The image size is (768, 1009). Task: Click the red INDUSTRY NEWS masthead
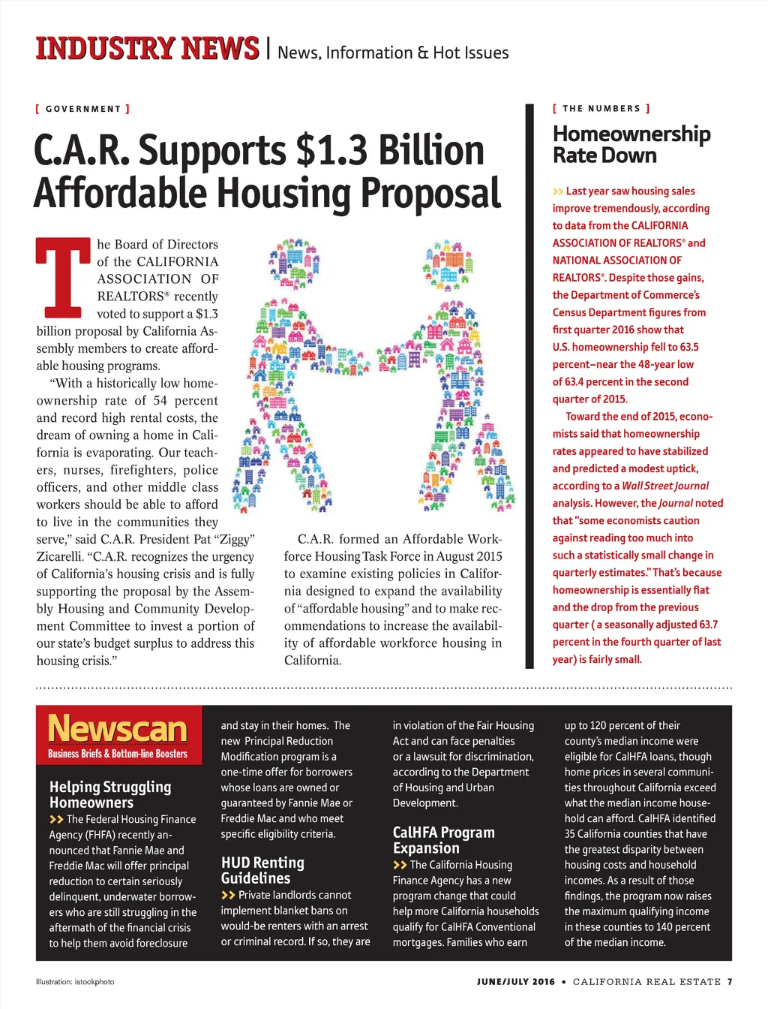[x=147, y=49]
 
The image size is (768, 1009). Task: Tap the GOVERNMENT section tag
[x=82, y=109]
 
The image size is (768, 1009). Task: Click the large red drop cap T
[x=63, y=277]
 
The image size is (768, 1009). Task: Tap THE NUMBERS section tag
[x=601, y=109]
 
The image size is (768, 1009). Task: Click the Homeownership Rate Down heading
[x=631, y=144]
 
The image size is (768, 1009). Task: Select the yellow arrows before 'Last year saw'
[x=558, y=191]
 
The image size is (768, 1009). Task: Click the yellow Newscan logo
[x=118, y=728]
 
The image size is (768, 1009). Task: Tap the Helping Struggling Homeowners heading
[x=110, y=794]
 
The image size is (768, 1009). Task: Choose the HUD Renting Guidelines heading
[x=262, y=870]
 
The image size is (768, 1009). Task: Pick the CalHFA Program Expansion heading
[x=443, y=840]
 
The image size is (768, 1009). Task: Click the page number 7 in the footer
[x=730, y=981]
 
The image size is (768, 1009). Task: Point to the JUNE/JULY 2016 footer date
[x=516, y=981]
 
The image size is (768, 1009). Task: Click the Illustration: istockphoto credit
[x=75, y=981]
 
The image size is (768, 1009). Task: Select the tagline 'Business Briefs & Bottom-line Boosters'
[x=118, y=754]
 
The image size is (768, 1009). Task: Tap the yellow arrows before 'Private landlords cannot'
[x=228, y=895]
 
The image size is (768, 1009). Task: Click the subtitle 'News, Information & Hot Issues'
[x=393, y=53]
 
